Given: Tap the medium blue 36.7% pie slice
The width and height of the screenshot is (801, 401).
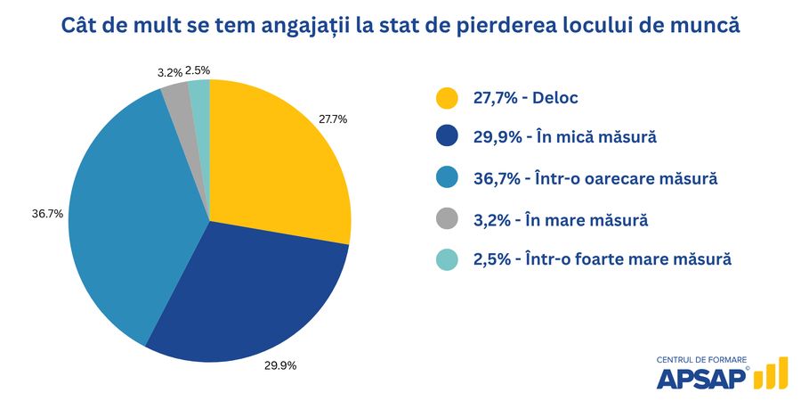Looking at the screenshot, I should pos(125,214).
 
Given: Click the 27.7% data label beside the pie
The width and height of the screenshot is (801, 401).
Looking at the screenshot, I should pos(333,119).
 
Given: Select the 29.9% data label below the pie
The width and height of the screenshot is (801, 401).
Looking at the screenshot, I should pos(279,365).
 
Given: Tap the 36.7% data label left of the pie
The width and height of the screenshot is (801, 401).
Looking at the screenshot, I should pos(46,214).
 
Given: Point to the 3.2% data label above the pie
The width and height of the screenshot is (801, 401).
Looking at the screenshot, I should pos(170,72).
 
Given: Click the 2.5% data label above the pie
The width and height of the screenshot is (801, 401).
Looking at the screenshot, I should pos(198,70).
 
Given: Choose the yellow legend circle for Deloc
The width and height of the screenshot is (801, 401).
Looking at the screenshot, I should pos(447,97).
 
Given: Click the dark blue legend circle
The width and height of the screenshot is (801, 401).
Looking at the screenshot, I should pos(447,137).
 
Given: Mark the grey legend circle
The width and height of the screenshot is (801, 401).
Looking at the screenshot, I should pos(447,218).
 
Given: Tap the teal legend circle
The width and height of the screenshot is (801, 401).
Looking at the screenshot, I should pos(447,258).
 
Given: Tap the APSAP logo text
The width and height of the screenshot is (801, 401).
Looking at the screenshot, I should pos(701,377).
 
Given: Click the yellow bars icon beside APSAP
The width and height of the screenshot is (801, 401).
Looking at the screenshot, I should pos(771,374).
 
